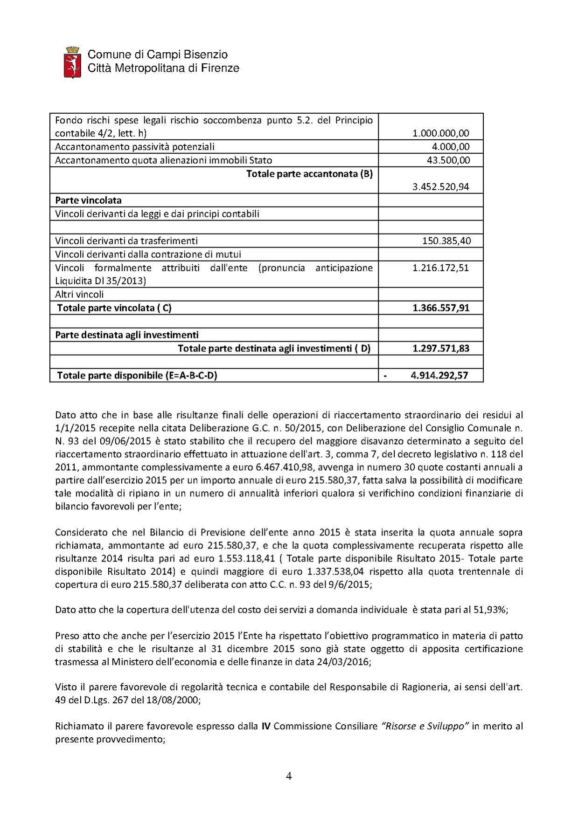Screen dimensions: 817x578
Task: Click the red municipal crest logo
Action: point(72,62)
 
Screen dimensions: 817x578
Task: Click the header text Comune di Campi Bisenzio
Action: point(158,55)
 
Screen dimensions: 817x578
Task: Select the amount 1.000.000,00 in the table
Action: point(440,133)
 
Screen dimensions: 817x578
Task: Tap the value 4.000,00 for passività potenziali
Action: point(450,147)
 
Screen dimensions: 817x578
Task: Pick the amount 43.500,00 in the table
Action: point(447,160)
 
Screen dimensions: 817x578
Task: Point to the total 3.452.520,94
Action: point(440,187)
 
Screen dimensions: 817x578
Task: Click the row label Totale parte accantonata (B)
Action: point(309,174)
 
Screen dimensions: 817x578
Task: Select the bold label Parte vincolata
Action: point(88,200)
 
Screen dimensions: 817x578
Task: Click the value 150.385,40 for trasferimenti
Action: point(446,241)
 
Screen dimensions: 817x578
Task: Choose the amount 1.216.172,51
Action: point(440,268)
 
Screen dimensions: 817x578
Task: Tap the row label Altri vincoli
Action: point(79,295)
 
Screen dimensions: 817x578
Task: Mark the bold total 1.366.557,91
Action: point(440,308)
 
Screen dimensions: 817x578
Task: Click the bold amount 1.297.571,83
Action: point(440,349)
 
